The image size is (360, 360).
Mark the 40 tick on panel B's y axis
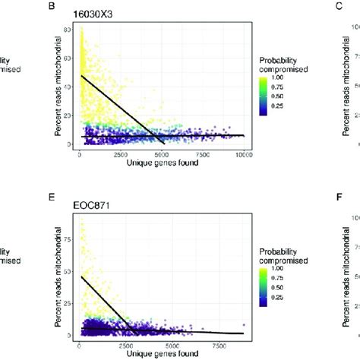(x=70, y=87)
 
